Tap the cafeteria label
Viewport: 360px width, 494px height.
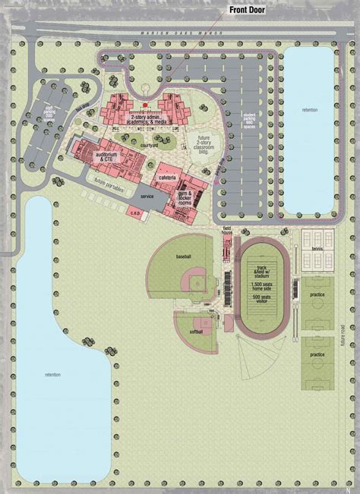(x=168, y=178)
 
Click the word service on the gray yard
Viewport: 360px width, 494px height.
(x=147, y=196)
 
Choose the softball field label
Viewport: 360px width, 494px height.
(x=195, y=332)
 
